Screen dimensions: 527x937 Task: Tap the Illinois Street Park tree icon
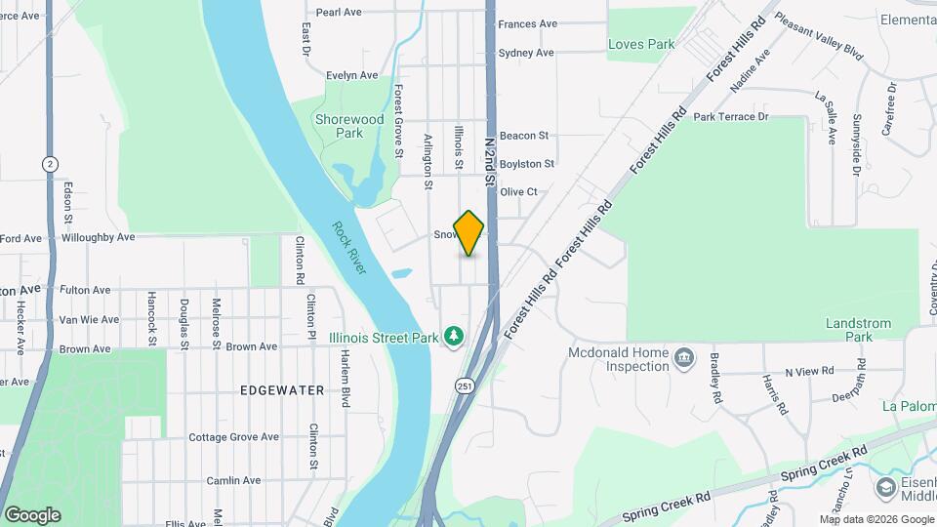(x=453, y=337)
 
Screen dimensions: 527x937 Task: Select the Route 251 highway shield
(x=465, y=385)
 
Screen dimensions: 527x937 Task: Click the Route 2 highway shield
(x=49, y=164)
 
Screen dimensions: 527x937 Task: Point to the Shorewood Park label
(x=349, y=126)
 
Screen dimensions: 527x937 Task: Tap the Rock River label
(x=348, y=248)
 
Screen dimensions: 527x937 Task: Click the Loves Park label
(x=641, y=44)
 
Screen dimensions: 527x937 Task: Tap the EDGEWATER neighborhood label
(x=282, y=390)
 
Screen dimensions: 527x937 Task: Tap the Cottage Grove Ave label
(x=234, y=437)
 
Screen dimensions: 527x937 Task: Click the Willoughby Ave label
(x=98, y=237)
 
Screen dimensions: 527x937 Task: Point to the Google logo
(x=32, y=515)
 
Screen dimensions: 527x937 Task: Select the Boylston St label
(x=527, y=164)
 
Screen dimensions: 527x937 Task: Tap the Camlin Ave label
(x=233, y=480)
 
